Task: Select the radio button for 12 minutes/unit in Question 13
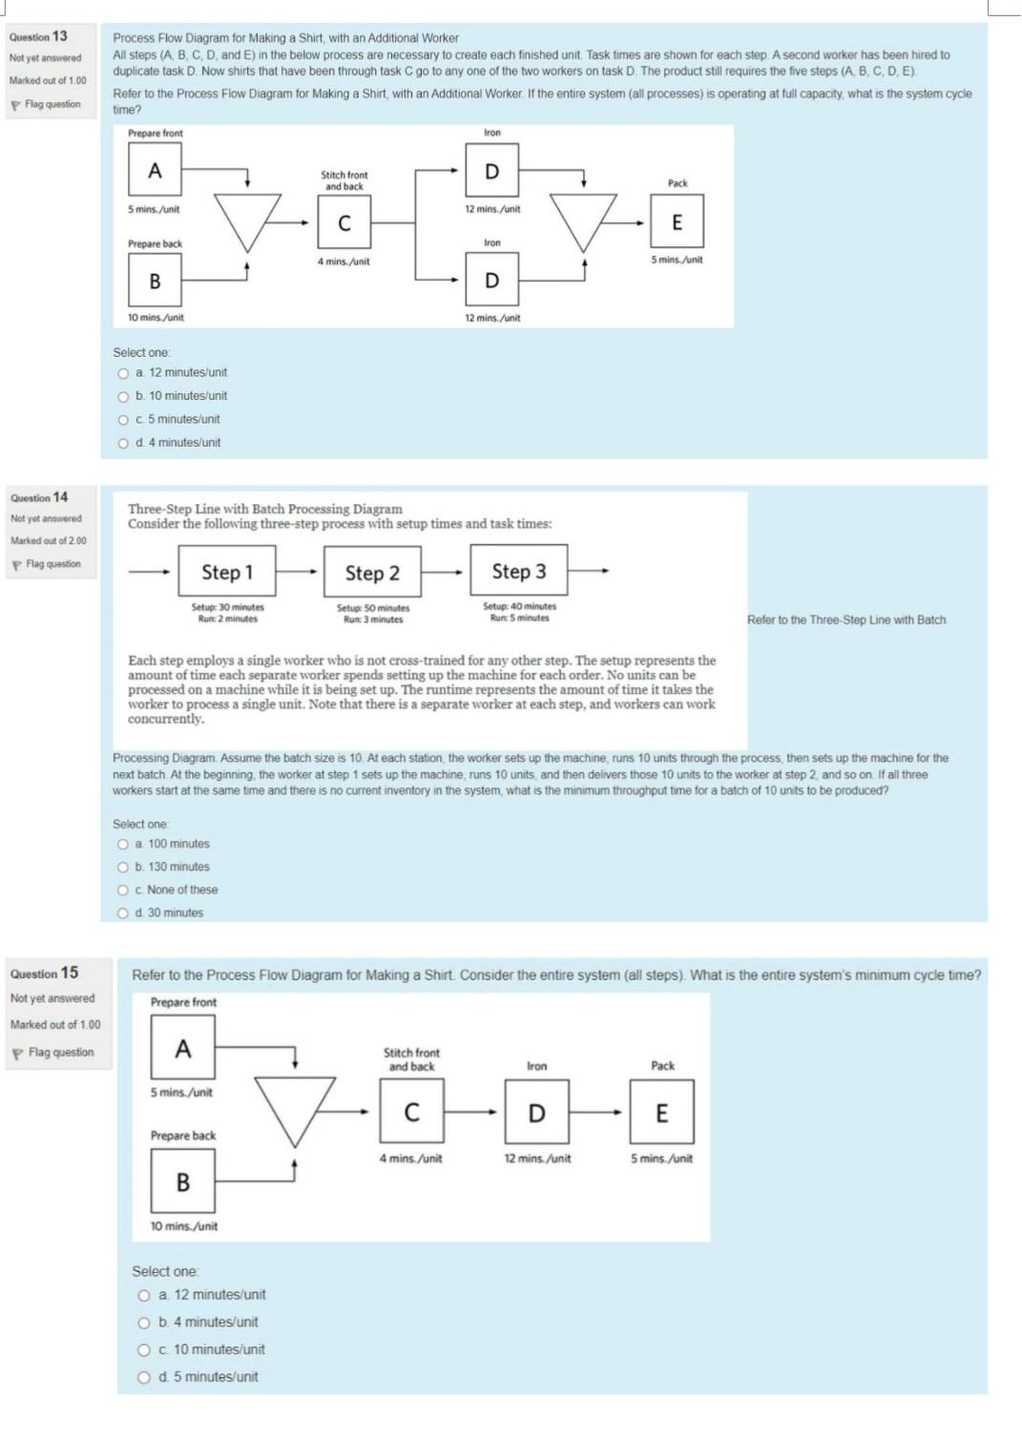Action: pyautogui.click(x=123, y=372)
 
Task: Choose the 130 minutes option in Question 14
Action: pyautogui.click(x=123, y=867)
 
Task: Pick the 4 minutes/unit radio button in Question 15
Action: pyautogui.click(x=144, y=1322)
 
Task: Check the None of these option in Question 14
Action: pyautogui.click(x=123, y=889)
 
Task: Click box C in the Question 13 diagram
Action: pyautogui.click(x=344, y=223)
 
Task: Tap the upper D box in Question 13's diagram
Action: pyautogui.click(x=491, y=171)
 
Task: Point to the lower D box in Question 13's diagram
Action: pyautogui.click(x=491, y=280)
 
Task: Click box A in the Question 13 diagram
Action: pyautogui.click(x=155, y=171)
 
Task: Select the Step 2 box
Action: pyautogui.click(x=372, y=573)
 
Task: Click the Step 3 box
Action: pyautogui.click(x=518, y=571)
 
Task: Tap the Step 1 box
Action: pyautogui.click(x=227, y=572)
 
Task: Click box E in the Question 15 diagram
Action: pyautogui.click(x=661, y=1113)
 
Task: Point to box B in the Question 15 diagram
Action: pyautogui.click(x=182, y=1182)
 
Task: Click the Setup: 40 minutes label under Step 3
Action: pyautogui.click(x=519, y=606)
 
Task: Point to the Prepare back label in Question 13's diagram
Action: pyautogui.click(x=155, y=244)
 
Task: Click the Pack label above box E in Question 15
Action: pyautogui.click(x=662, y=1065)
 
